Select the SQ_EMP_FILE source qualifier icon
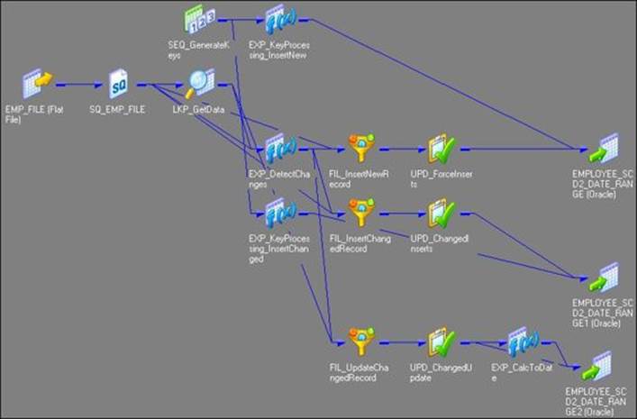click(120, 85)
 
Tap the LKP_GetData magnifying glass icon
click(199, 84)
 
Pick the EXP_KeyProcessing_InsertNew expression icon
click(276, 20)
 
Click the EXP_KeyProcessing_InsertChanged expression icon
click(276, 213)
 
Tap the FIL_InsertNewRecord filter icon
click(360, 149)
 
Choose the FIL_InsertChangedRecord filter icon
click(360, 214)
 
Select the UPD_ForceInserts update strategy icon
click(441, 149)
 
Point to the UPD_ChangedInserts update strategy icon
click(441, 214)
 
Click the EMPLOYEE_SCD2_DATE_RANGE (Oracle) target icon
click(603, 147)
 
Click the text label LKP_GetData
click(198, 108)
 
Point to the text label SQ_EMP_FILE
click(117, 108)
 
